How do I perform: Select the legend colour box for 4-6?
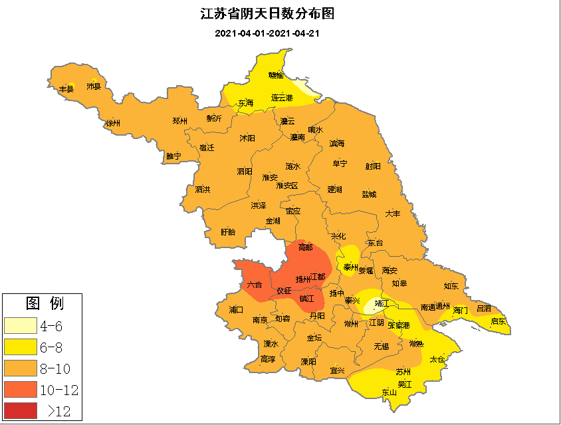[21, 326]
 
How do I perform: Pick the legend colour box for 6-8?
[21, 347]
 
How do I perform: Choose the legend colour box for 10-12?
[21, 390]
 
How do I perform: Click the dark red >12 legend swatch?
[21, 410]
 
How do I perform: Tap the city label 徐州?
[113, 124]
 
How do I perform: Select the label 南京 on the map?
[260, 320]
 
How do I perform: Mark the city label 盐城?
[369, 194]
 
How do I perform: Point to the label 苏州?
[403, 372]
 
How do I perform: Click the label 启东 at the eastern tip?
[498, 321]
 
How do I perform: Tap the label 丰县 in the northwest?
[66, 89]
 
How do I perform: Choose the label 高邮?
[305, 247]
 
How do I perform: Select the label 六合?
[254, 285]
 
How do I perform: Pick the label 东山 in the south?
[389, 392]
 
